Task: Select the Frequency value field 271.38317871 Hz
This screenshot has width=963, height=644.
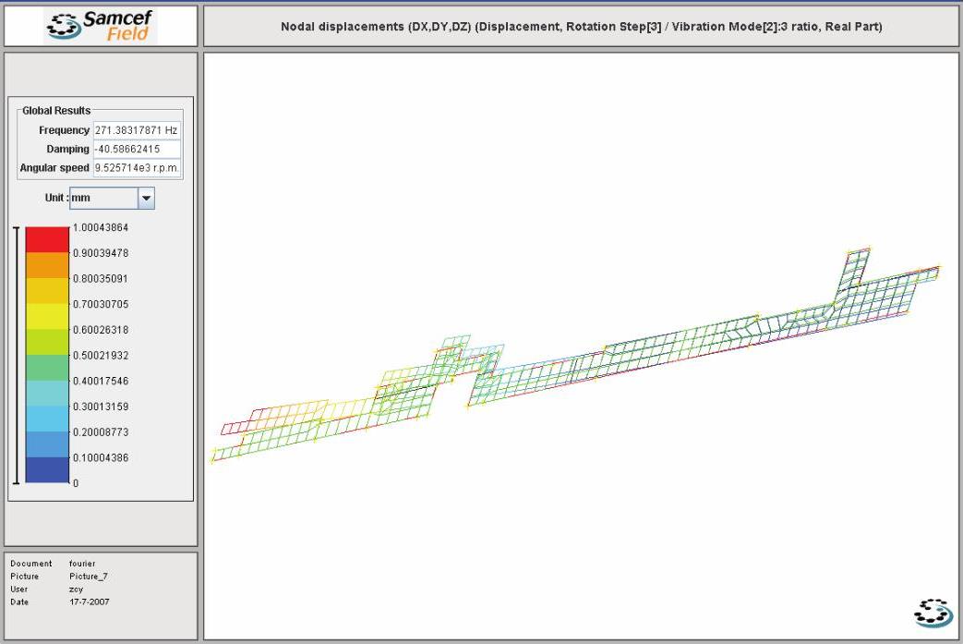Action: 137,130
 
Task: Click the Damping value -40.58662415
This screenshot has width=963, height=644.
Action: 137,149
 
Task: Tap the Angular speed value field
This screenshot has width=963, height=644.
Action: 137,168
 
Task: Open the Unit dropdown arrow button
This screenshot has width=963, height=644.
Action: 146,198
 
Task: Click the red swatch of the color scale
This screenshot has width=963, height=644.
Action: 47,239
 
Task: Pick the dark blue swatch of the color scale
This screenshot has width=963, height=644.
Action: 47,470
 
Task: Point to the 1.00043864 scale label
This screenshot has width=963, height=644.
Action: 101,227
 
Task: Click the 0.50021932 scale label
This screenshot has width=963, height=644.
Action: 101,355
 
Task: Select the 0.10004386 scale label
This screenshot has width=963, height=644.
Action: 101,457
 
